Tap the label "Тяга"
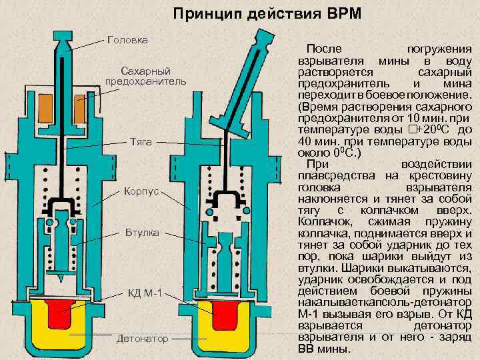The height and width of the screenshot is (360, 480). pyautogui.click(x=141, y=142)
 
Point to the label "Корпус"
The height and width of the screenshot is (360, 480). pyautogui.click(x=141, y=191)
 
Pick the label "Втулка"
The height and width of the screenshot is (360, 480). pyautogui.click(x=141, y=233)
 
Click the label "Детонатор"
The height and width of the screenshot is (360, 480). pyautogui.click(x=142, y=339)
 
